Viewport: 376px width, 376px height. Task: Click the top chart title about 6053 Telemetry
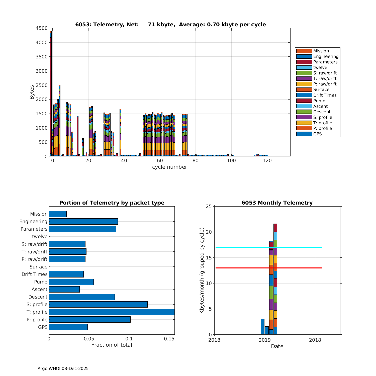coord(170,25)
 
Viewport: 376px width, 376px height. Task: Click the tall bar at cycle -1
coord(51,95)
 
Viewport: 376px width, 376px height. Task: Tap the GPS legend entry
coord(317,134)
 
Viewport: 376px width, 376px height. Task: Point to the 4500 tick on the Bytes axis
coord(42,28)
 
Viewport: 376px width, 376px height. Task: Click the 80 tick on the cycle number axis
coord(196,161)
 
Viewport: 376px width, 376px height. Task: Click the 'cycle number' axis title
coord(169,167)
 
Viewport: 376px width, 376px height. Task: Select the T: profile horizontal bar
coord(112,312)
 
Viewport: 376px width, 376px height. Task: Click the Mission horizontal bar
coord(58,214)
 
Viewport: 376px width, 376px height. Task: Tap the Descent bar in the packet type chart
coord(82,297)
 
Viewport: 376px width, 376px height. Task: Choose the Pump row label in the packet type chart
coord(41,282)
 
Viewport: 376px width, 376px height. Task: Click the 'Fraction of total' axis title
coord(112,345)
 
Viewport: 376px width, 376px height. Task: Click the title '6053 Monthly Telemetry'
coord(277,203)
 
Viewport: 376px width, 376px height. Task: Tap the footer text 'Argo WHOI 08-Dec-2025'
coord(63,368)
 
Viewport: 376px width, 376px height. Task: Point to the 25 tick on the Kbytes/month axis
coord(209,207)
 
